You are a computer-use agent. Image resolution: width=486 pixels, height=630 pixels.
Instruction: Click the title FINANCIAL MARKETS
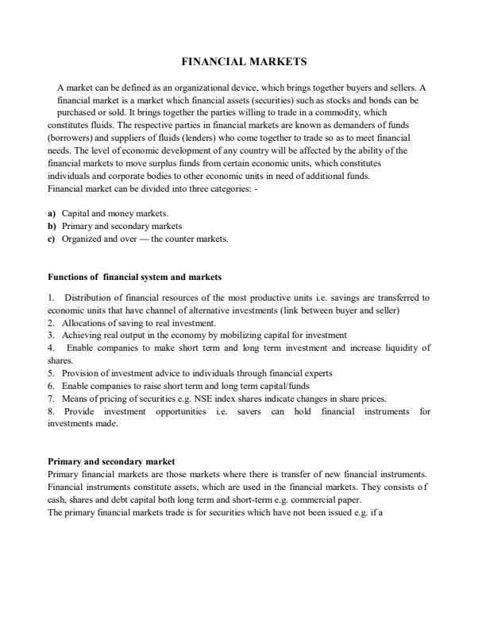[243, 60]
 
